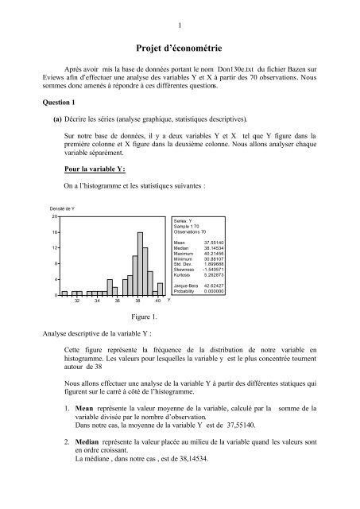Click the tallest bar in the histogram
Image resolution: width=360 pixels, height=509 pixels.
pyautogui.click(x=140, y=262)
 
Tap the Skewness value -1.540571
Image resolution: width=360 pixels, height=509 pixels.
pyautogui.click(x=215, y=268)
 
